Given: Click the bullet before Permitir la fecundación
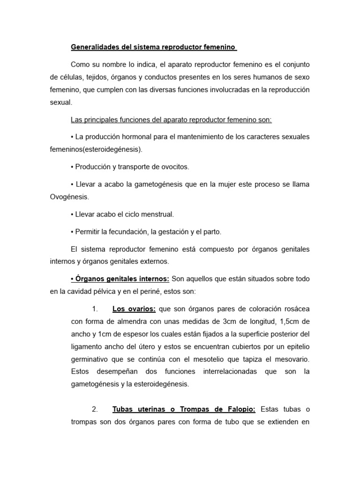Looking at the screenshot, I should (72, 232).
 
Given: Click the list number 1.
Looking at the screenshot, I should (95, 308).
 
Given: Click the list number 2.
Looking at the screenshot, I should (95, 409).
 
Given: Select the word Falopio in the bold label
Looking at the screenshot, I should (240, 409).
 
